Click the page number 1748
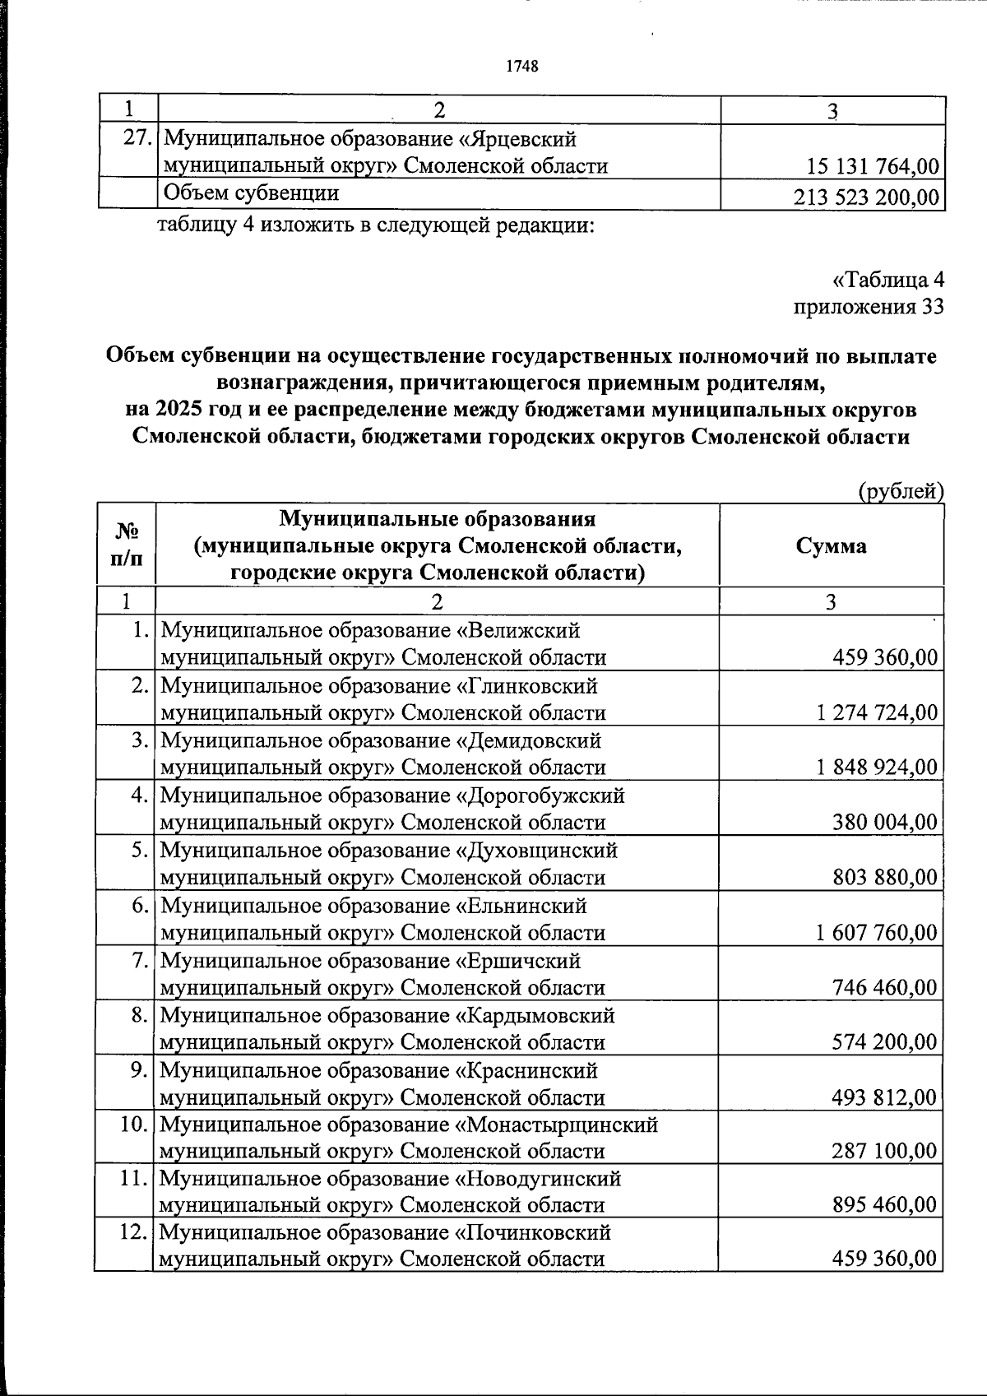522,67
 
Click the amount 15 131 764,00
873,167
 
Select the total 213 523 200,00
866,197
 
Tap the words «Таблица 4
887,281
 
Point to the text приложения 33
868,308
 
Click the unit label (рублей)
901,491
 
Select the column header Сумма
831,546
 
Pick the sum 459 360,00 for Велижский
884,657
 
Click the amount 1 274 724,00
877,712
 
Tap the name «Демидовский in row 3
529,740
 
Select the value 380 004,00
884,823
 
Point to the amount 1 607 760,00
877,933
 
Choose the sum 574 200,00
884,1042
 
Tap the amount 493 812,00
884,1097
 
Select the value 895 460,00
884,1205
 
